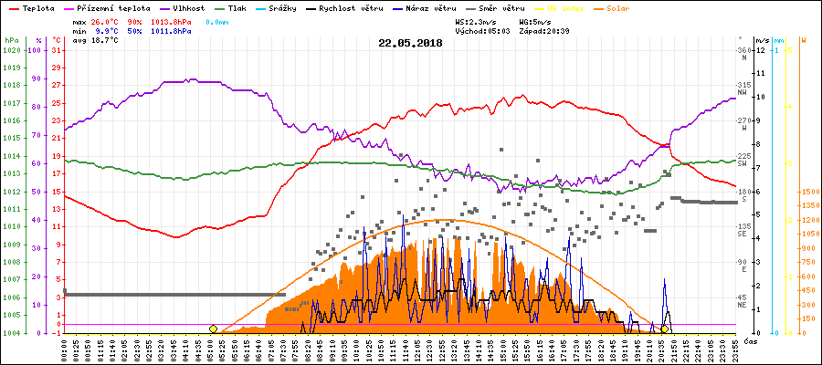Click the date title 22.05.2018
pos(410,42)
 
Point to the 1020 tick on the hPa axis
pos(11,50)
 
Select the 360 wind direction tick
pos(743,50)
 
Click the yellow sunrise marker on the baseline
pos(213,328)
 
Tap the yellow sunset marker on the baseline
pos(665,328)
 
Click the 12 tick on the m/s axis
pos(761,50)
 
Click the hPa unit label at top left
pos(11,40)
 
